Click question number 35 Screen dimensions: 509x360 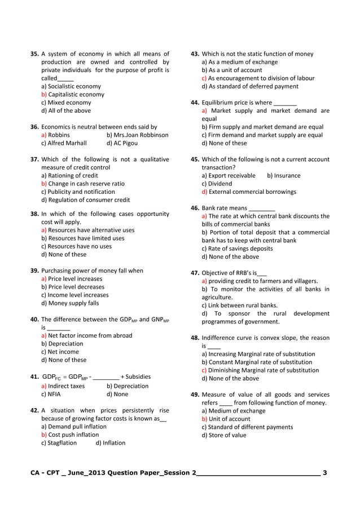[34, 54]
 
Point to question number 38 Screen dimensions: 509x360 [34, 214]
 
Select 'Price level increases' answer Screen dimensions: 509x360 [72, 279]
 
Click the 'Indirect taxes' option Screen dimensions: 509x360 [63, 387]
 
